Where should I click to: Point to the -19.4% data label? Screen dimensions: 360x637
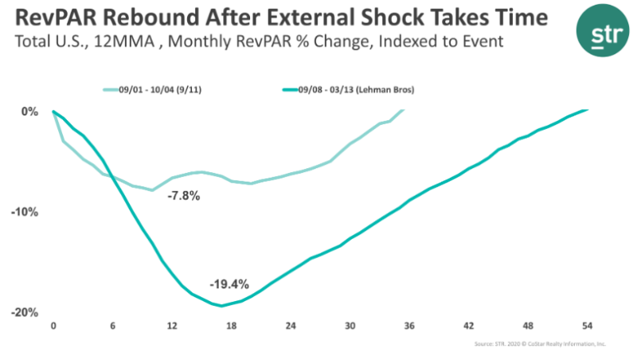point(229,284)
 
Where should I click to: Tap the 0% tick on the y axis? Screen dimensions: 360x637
point(29,112)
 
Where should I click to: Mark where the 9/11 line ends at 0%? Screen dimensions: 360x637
point(403,110)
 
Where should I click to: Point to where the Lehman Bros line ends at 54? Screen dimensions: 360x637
point(588,110)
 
